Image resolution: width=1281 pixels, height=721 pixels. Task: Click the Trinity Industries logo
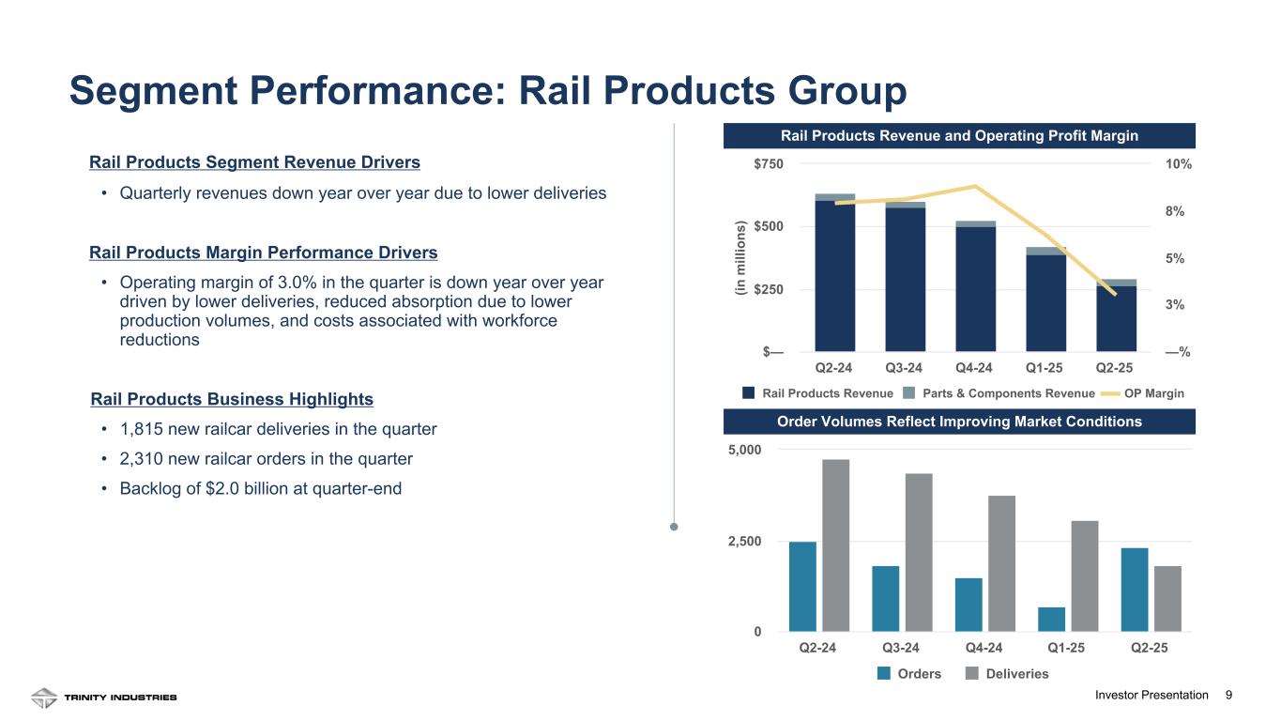point(103,698)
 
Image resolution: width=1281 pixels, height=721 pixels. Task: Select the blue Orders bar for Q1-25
point(1051,620)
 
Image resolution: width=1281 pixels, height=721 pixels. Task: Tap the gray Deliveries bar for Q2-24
point(835,545)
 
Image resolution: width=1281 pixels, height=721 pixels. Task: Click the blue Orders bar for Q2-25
point(1135,590)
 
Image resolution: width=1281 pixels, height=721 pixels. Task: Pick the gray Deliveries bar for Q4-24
point(1001,563)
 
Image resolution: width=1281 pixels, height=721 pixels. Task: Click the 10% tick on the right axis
point(1178,164)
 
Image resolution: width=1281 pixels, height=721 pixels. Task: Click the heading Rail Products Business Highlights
point(232,399)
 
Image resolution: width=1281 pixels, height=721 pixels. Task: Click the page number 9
point(1228,695)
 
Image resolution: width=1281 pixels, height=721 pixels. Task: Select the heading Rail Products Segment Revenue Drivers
point(254,162)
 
